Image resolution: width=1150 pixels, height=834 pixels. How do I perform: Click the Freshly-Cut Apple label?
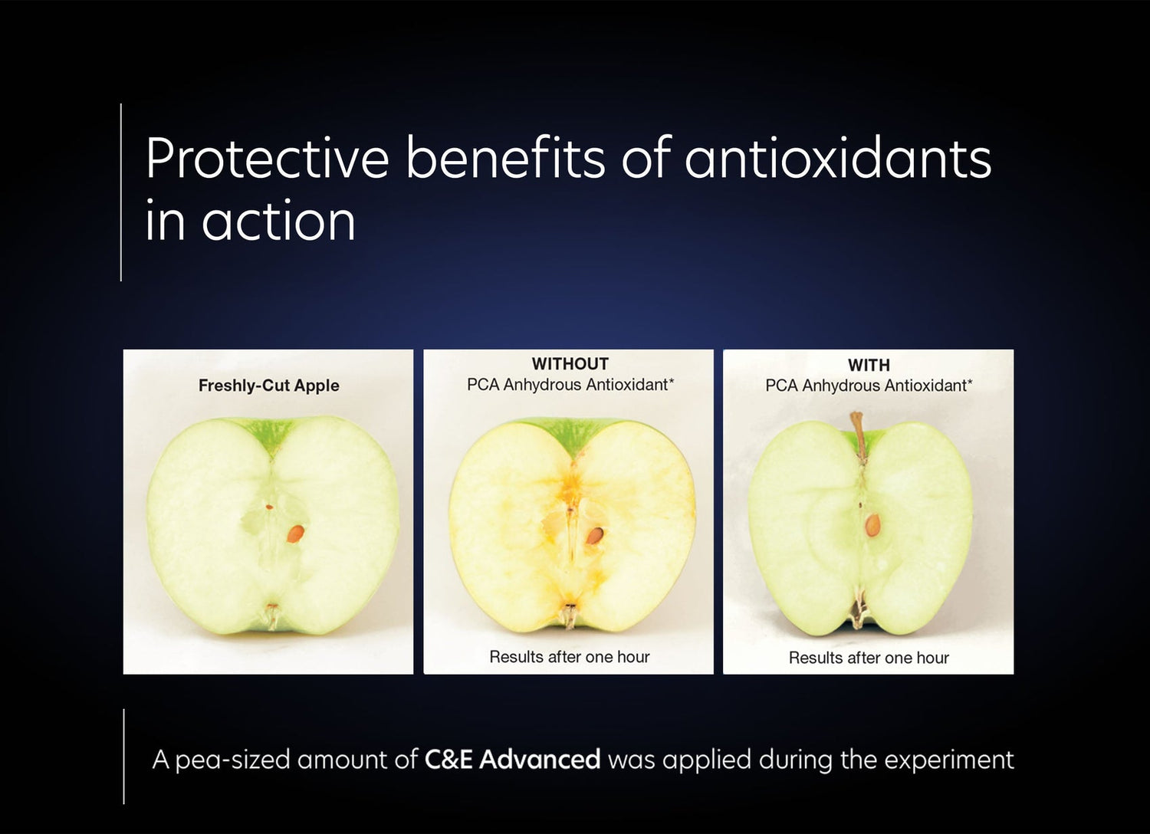coord(268,386)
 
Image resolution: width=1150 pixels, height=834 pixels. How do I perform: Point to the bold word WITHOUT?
coord(570,364)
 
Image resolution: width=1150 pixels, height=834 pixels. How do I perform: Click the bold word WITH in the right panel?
coord(869,366)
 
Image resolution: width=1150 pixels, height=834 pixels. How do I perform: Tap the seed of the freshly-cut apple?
coord(295,534)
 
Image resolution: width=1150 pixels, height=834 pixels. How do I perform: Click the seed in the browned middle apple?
coord(593,536)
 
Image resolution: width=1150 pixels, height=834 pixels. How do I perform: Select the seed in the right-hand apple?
coord(872,524)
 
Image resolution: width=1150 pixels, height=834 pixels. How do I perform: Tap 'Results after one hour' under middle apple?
coord(569,657)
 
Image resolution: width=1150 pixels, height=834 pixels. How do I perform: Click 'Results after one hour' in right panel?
coord(869,658)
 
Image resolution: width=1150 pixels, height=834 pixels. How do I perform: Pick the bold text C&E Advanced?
coord(512,760)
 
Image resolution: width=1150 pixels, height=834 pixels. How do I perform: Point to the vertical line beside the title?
coord(121,192)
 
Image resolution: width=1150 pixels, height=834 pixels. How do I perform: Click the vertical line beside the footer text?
coord(123,756)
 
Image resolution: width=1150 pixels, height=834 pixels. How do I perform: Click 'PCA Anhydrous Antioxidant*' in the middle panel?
coord(570,385)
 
